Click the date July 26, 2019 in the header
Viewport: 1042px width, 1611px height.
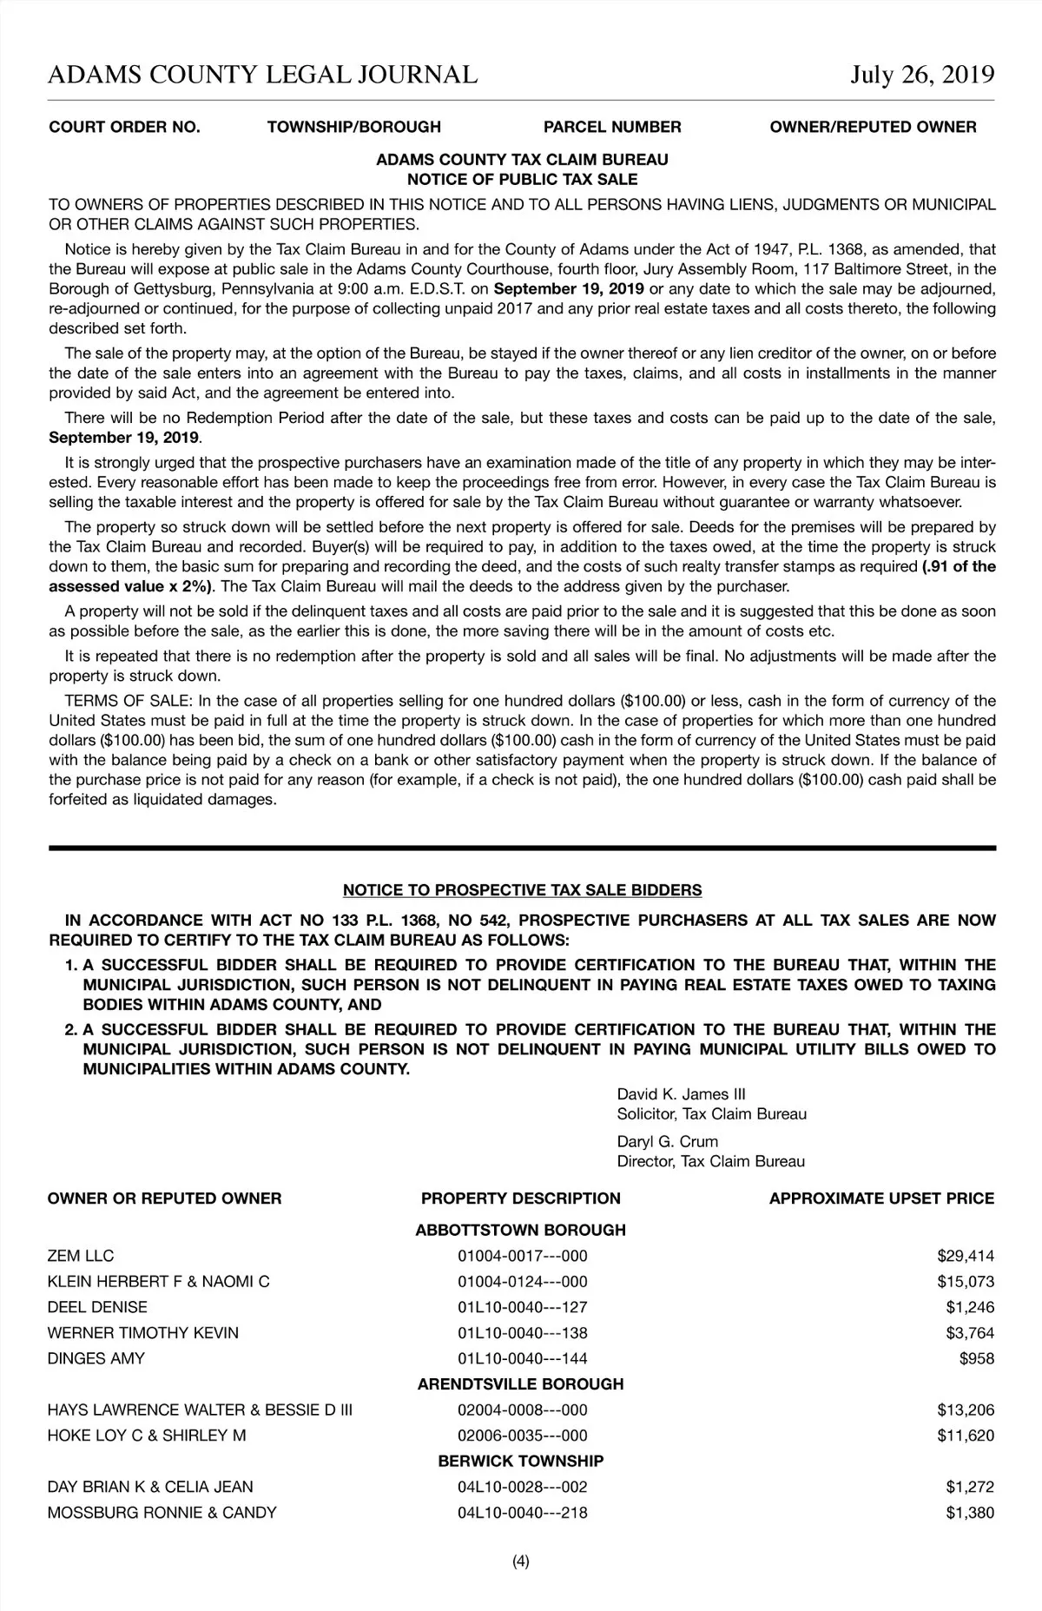922,75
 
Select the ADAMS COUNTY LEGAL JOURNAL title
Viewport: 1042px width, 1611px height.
262,75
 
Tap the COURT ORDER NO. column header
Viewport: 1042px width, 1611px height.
124,127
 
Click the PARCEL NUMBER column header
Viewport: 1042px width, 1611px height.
612,127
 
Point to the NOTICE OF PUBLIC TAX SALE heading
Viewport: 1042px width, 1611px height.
522,180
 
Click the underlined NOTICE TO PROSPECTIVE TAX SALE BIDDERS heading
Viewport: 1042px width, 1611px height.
522,890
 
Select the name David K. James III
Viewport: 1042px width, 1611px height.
681,1094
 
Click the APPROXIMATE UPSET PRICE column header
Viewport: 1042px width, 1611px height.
881,1198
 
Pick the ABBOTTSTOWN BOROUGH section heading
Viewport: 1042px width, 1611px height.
520,1230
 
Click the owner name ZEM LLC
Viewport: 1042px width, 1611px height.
81,1256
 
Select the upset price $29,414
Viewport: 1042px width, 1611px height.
966,1256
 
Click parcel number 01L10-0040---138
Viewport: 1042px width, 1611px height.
522,1333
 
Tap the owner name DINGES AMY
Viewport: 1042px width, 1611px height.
96,1358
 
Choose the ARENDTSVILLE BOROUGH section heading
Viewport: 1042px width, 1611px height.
520,1383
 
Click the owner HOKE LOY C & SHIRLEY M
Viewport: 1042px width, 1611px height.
147,1436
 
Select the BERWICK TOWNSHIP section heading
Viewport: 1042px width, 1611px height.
520,1461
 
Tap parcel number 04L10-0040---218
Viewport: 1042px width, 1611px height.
522,1513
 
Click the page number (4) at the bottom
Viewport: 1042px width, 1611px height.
521,1561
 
